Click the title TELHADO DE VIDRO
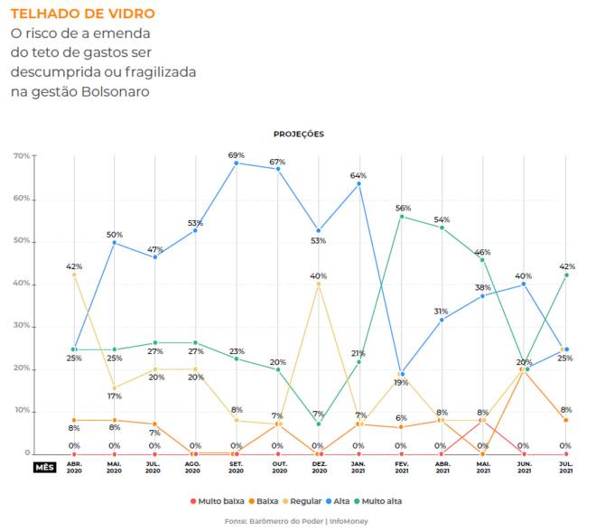coord(82,14)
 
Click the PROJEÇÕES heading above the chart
coord(298,134)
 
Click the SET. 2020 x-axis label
coord(236,468)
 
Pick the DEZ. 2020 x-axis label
coord(318,468)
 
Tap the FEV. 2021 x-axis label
coord(400,468)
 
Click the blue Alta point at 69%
coord(237,163)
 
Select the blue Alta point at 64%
coord(359,184)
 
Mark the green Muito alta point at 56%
coord(401,217)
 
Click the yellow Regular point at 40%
coord(318,284)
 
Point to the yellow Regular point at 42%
coord(74,275)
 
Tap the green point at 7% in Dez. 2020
coord(318,424)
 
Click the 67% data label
coord(277,161)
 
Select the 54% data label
coord(442,219)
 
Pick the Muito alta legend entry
coord(379,500)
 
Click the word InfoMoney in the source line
coord(349,521)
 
